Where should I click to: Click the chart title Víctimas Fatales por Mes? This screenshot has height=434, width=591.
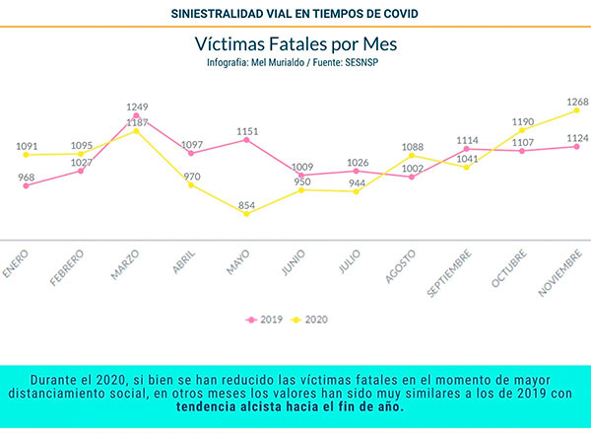[295, 44]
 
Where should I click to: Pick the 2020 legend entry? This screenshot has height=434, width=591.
[311, 320]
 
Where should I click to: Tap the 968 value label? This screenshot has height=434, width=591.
[26, 178]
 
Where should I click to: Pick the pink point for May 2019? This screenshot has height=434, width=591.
[246, 140]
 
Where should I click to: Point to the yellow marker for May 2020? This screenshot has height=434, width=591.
[246, 213]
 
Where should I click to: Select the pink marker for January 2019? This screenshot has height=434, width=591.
[26, 185]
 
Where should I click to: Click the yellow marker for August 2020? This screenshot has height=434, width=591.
[412, 156]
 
